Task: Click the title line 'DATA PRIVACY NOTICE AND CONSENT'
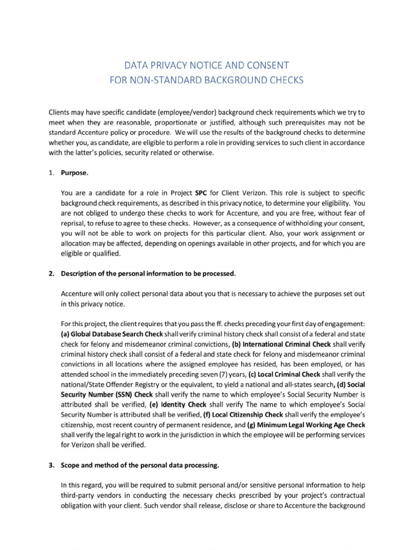tap(206, 66)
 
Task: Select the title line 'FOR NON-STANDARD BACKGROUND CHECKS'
tap(206, 80)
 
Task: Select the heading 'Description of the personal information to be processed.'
tap(148, 273)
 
